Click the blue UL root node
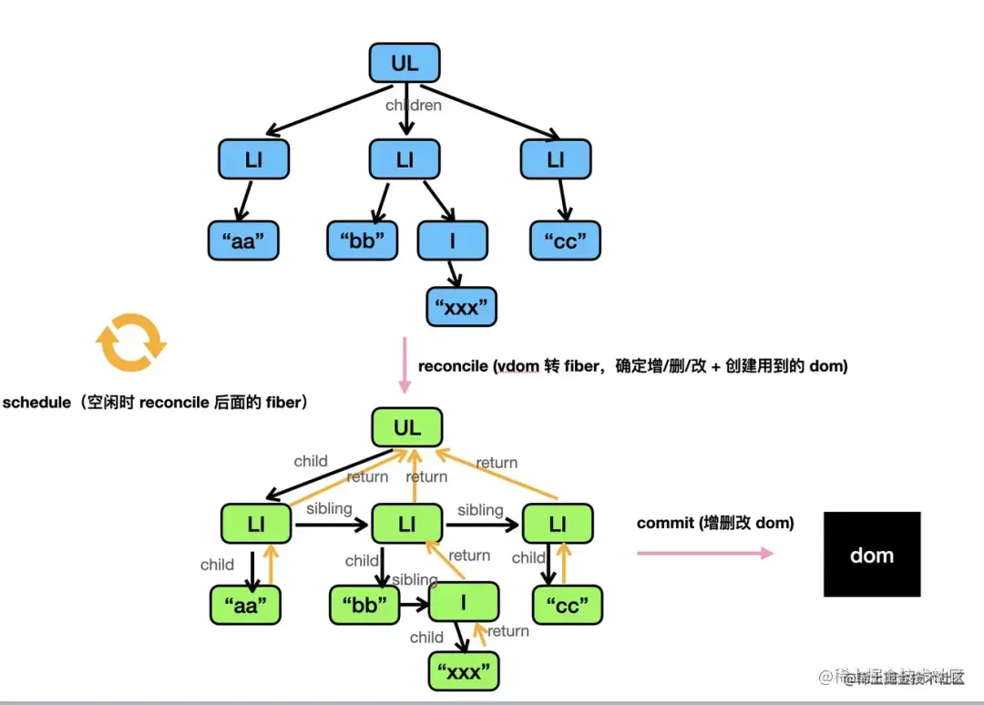click(x=405, y=64)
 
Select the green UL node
click(x=407, y=427)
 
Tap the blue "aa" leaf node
click(x=241, y=241)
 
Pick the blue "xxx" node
click(x=462, y=308)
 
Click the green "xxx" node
click(x=464, y=673)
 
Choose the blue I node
click(x=453, y=241)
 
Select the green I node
click(x=464, y=602)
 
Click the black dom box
click(x=871, y=555)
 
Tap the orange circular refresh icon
click(x=132, y=343)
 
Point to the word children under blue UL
click(x=414, y=106)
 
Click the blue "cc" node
click(x=566, y=241)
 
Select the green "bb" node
click(x=364, y=604)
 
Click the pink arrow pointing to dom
click(x=704, y=553)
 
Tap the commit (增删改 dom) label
click(x=714, y=523)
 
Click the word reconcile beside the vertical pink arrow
click(x=453, y=366)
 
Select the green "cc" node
click(x=567, y=604)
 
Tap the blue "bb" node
click(x=363, y=241)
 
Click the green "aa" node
click(x=245, y=604)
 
